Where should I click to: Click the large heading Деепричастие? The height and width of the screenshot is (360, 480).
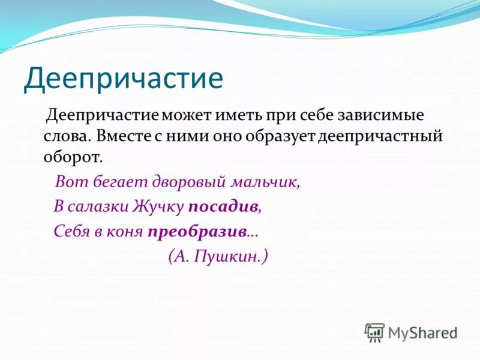pos(123,79)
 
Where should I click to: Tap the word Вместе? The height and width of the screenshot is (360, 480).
pos(121,136)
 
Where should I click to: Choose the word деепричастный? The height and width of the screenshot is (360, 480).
pos(379,136)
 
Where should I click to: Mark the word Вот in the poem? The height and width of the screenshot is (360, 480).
pos(68,182)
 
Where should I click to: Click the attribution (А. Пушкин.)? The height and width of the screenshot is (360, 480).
pos(218,256)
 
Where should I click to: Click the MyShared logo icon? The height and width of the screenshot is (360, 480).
pos(374,332)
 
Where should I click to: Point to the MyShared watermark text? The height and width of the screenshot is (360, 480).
pos(422,332)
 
